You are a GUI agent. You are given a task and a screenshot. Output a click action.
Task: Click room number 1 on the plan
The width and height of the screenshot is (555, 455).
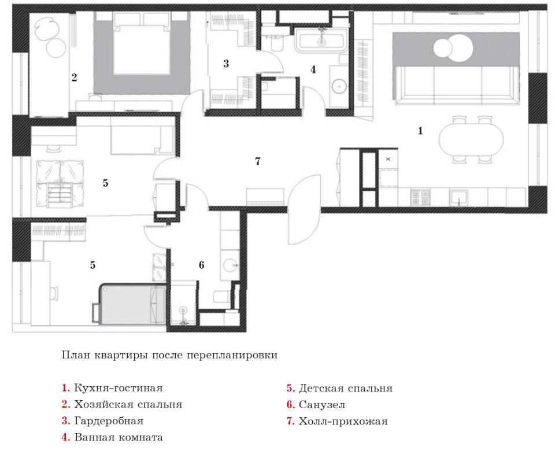[x=420, y=131]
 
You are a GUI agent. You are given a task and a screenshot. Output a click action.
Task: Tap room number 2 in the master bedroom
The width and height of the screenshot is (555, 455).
[x=74, y=77]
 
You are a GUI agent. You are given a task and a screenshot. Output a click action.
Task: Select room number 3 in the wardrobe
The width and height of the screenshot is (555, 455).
[x=226, y=64]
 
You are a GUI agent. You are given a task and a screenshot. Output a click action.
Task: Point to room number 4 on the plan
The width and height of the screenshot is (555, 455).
[x=313, y=69]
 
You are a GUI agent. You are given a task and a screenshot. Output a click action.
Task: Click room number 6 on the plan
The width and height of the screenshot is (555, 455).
[x=201, y=265]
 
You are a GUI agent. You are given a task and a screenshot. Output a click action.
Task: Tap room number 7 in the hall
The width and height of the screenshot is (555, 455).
[x=258, y=161]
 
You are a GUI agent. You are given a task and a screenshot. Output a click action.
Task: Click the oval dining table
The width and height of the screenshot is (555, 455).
[x=471, y=139]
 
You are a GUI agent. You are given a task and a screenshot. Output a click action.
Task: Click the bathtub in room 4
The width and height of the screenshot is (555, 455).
[x=321, y=40]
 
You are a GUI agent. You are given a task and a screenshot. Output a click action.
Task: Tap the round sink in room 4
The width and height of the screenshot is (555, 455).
[x=339, y=86]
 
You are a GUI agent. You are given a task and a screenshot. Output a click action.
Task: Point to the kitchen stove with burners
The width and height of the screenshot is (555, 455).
[x=420, y=197]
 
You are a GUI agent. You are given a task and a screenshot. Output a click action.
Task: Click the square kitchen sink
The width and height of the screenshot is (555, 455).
[x=458, y=198]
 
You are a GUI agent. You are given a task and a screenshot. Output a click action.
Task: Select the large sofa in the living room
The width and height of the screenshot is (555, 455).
[x=456, y=85]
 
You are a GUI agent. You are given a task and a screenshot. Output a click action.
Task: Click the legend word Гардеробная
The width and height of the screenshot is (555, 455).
[x=109, y=421]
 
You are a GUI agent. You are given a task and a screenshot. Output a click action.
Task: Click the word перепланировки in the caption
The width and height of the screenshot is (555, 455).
[x=232, y=355]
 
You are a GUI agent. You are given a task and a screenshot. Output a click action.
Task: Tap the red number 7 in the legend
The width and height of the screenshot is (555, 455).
[x=290, y=421]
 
